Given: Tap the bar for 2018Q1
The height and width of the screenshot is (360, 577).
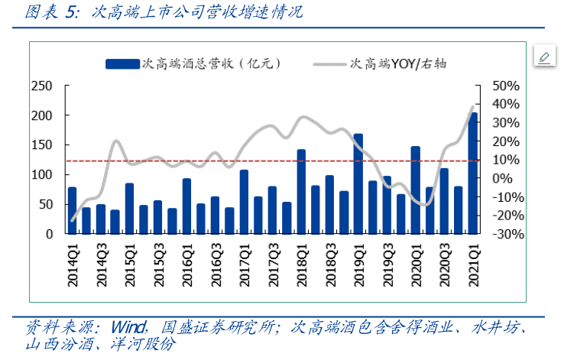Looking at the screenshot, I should tap(301, 192).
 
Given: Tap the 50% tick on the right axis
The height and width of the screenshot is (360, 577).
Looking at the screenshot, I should tap(506, 86).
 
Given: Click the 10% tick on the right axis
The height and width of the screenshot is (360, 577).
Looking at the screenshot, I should tap(506, 160).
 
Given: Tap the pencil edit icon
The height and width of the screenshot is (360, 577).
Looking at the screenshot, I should tap(544, 57).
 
